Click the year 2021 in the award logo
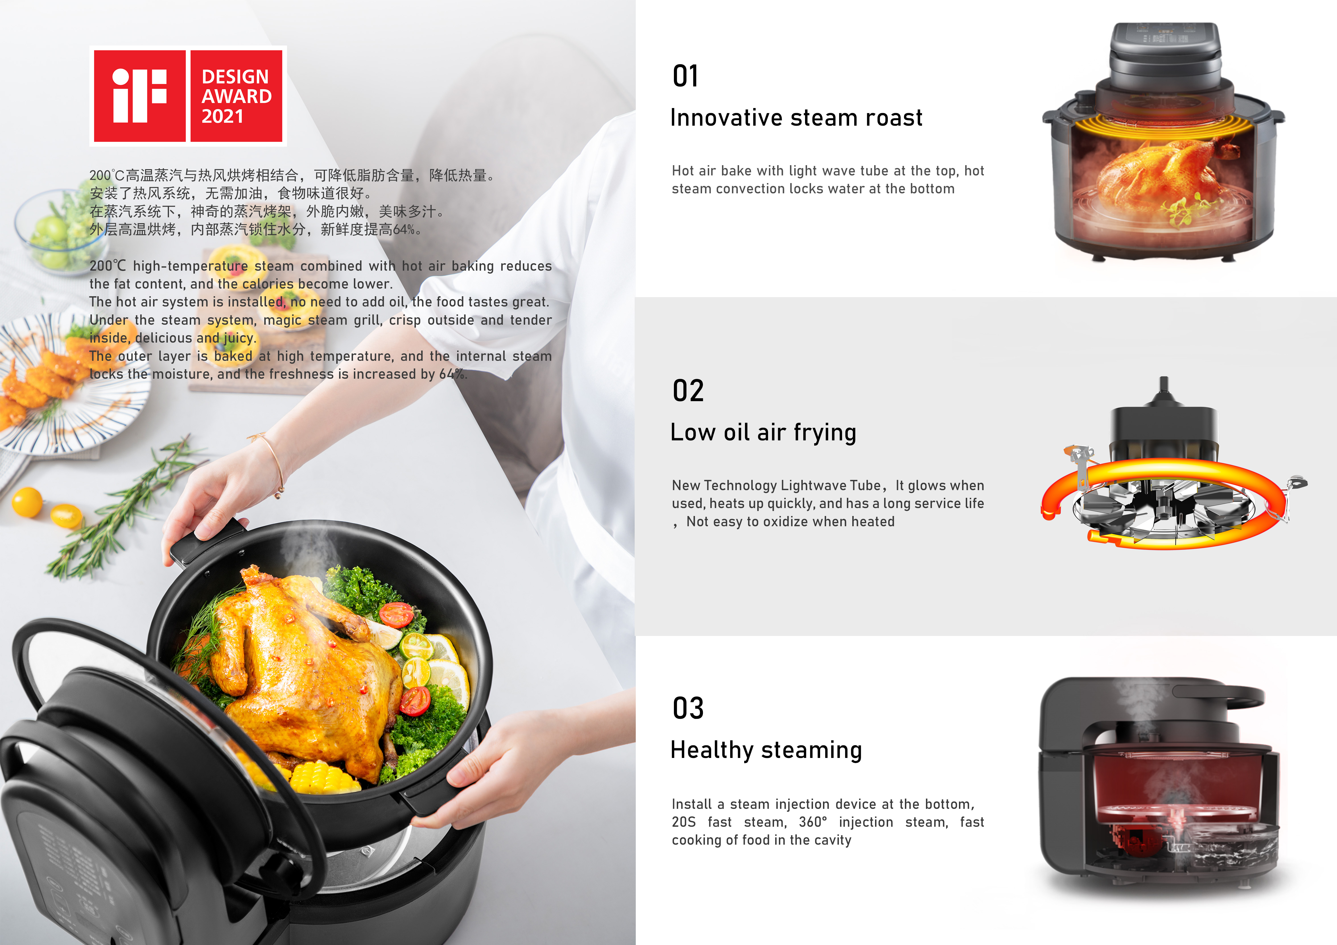[x=222, y=116]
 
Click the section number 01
[x=685, y=76]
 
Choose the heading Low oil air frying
[x=763, y=432]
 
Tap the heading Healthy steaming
[x=766, y=750]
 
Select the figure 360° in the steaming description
[x=812, y=822]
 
